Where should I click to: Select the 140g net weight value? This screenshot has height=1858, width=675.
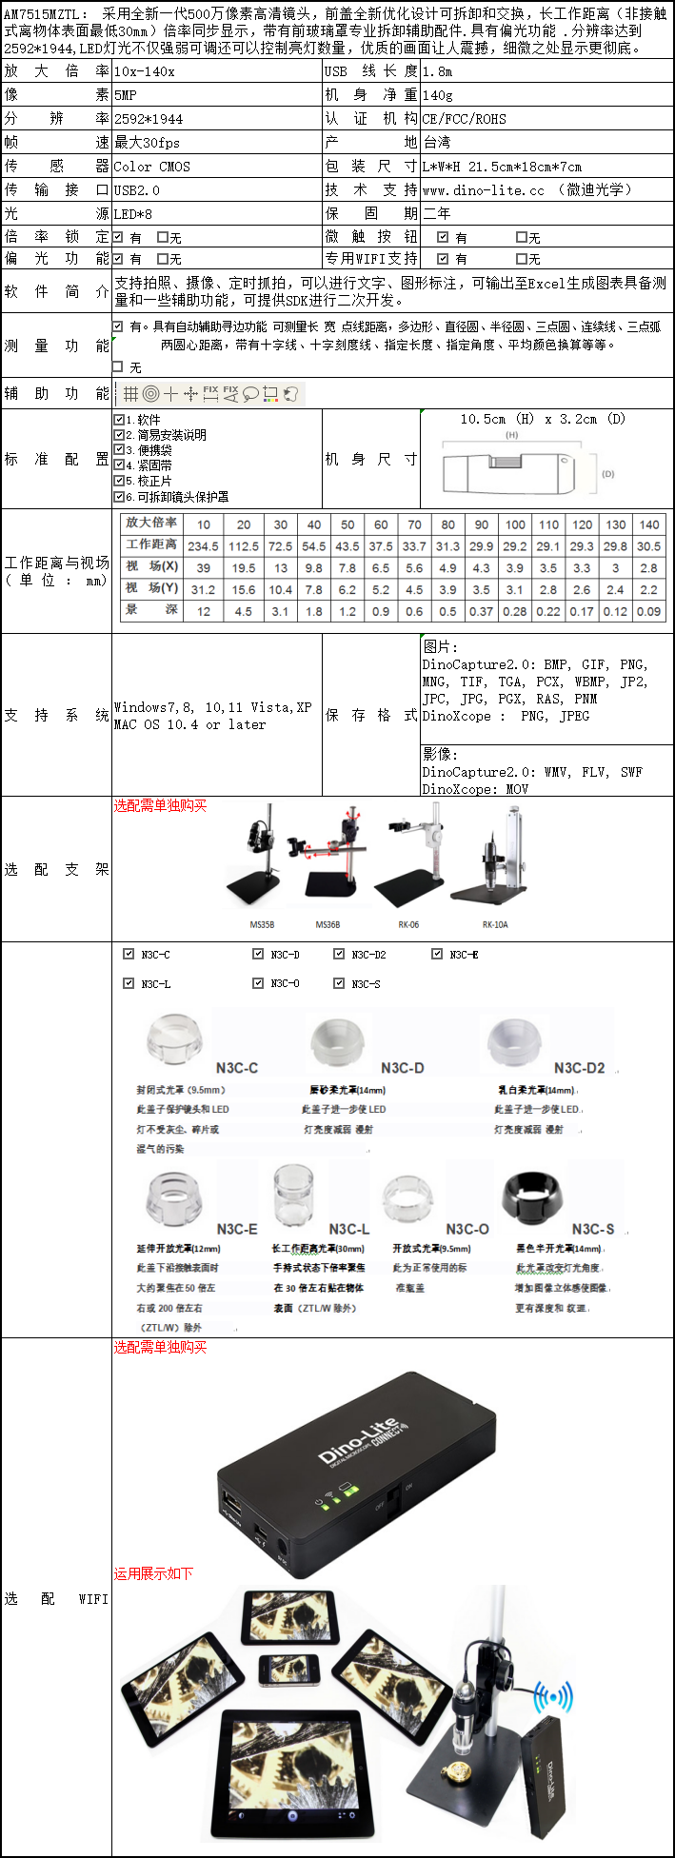click(x=438, y=95)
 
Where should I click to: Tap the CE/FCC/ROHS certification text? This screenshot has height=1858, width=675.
click(x=465, y=119)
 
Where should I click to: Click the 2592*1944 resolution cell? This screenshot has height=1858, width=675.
click(x=149, y=119)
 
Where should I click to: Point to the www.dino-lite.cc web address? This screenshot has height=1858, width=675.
click(x=484, y=190)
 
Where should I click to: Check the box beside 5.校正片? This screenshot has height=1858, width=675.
click(x=119, y=481)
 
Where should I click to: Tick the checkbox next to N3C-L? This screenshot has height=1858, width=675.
click(x=129, y=983)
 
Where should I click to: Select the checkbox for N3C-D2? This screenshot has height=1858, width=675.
click(x=339, y=954)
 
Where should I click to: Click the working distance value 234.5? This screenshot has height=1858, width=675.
click(x=203, y=546)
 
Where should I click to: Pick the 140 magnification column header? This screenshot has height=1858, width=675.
click(x=648, y=524)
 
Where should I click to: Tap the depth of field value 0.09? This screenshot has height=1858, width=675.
click(x=648, y=611)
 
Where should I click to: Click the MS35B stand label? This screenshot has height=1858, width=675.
click(x=262, y=924)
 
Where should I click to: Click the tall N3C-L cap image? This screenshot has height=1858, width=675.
click(x=293, y=1195)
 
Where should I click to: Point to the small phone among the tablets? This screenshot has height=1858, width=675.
click(x=288, y=1670)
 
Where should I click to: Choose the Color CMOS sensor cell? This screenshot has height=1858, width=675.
click(x=152, y=167)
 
